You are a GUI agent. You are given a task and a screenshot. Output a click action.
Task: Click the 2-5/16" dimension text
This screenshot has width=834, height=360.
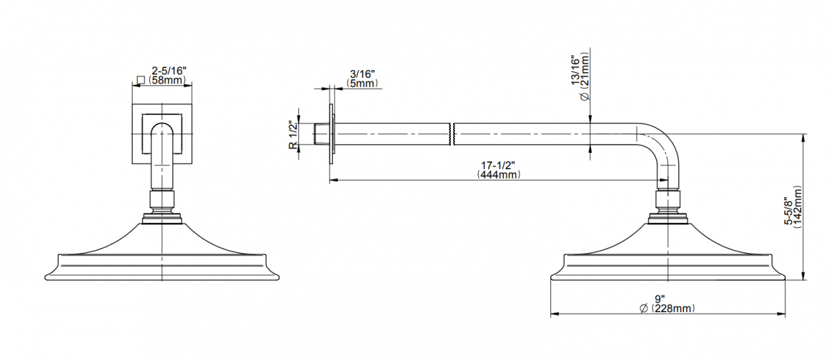169,71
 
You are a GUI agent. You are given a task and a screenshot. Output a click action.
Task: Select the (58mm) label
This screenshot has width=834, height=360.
166,80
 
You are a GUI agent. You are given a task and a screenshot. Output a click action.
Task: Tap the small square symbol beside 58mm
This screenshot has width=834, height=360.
140,80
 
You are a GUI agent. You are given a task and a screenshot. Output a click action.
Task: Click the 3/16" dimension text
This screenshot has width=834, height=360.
362,74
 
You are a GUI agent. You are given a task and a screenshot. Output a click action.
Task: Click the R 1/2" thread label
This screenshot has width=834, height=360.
293,135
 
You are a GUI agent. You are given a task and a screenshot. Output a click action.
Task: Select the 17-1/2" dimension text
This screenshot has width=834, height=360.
498,165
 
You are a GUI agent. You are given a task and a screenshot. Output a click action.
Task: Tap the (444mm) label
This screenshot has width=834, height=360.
498,174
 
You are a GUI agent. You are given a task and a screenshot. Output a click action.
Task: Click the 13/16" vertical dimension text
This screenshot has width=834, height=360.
575,71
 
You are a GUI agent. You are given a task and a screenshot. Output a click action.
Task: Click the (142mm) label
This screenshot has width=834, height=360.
798,207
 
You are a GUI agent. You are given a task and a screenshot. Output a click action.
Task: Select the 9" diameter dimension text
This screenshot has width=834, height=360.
660,299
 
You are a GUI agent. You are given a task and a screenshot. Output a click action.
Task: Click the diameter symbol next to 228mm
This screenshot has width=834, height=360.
644,309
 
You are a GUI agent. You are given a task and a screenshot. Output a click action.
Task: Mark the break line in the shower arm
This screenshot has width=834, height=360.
452,134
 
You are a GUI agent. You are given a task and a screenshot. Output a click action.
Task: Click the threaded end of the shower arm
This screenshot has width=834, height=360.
322,134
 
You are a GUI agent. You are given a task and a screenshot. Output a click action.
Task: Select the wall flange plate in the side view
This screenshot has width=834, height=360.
332,134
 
